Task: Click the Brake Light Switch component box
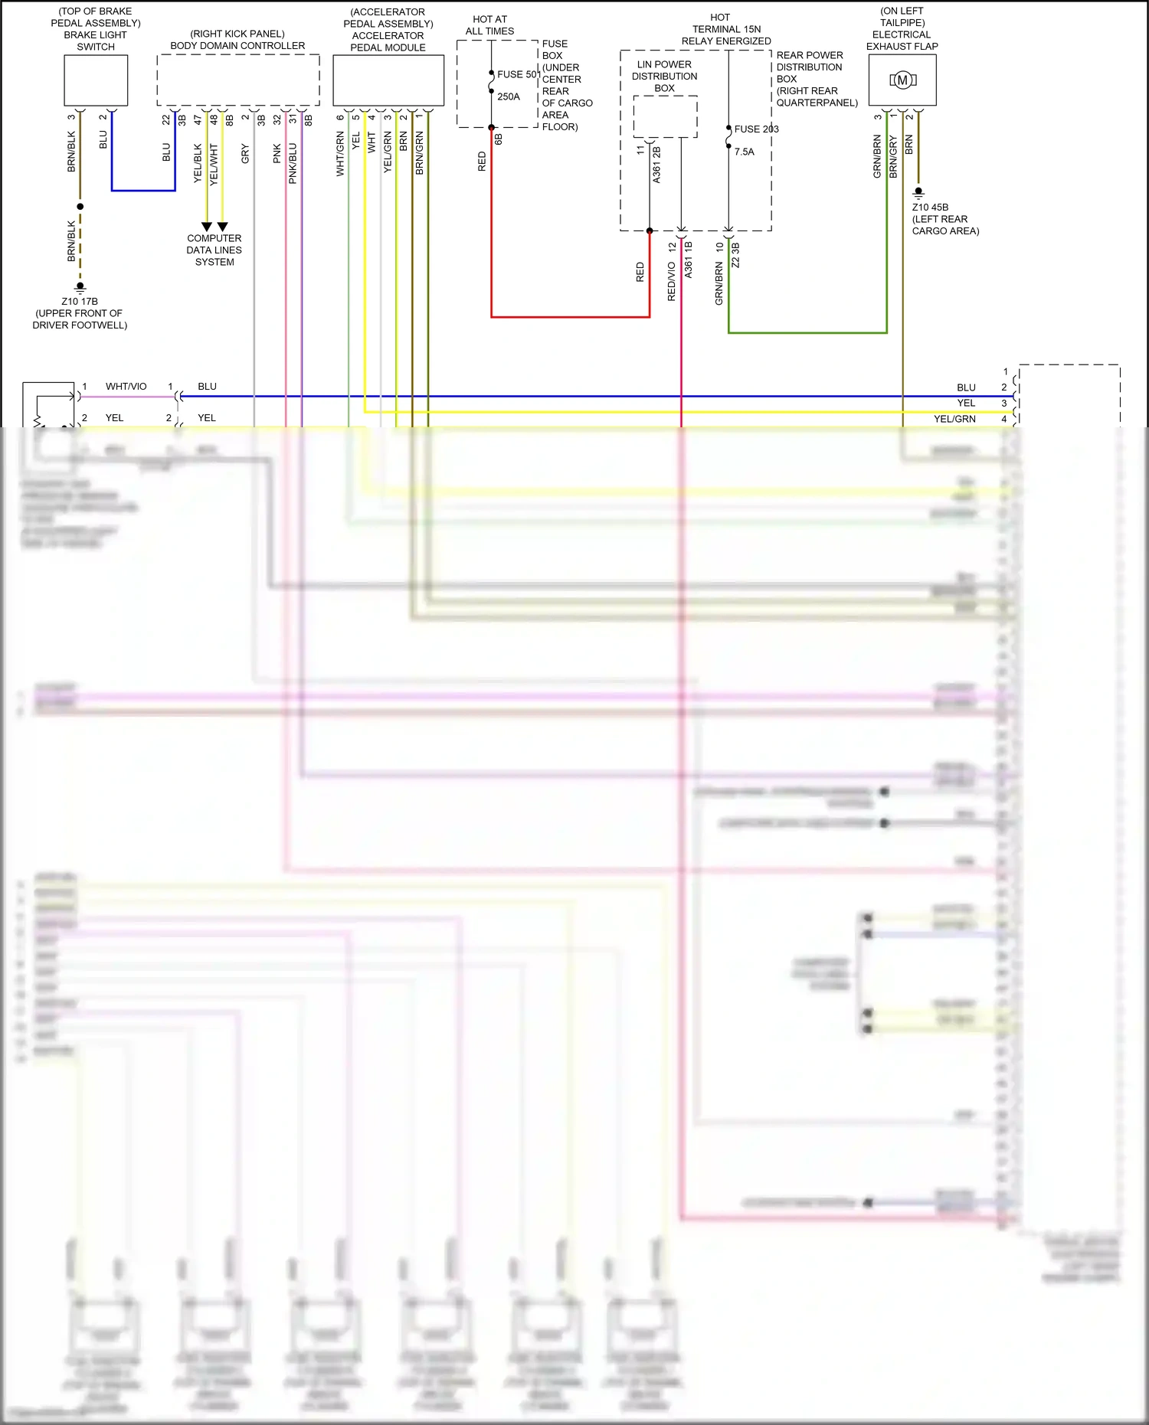(x=96, y=80)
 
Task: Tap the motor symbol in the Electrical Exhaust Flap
(x=902, y=80)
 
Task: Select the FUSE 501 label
(x=519, y=74)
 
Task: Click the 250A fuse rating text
(x=509, y=96)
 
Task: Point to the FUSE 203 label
(x=756, y=129)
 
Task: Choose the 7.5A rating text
(x=744, y=152)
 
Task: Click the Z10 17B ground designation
(x=80, y=302)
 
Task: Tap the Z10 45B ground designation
(x=930, y=208)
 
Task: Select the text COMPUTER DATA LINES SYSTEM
(x=214, y=250)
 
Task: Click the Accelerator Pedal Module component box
(x=388, y=80)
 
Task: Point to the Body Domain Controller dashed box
(x=237, y=80)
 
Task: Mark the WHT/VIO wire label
(x=126, y=387)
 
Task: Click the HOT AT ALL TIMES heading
(x=489, y=25)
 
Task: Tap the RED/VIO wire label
(x=672, y=281)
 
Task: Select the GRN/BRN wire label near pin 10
(x=719, y=283)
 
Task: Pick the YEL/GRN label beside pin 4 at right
(x=954, y=419)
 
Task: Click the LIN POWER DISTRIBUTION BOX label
(x=664, y=76)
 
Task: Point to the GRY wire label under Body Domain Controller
(x=245, y=153)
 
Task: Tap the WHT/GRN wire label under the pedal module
(x=340, y=153)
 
